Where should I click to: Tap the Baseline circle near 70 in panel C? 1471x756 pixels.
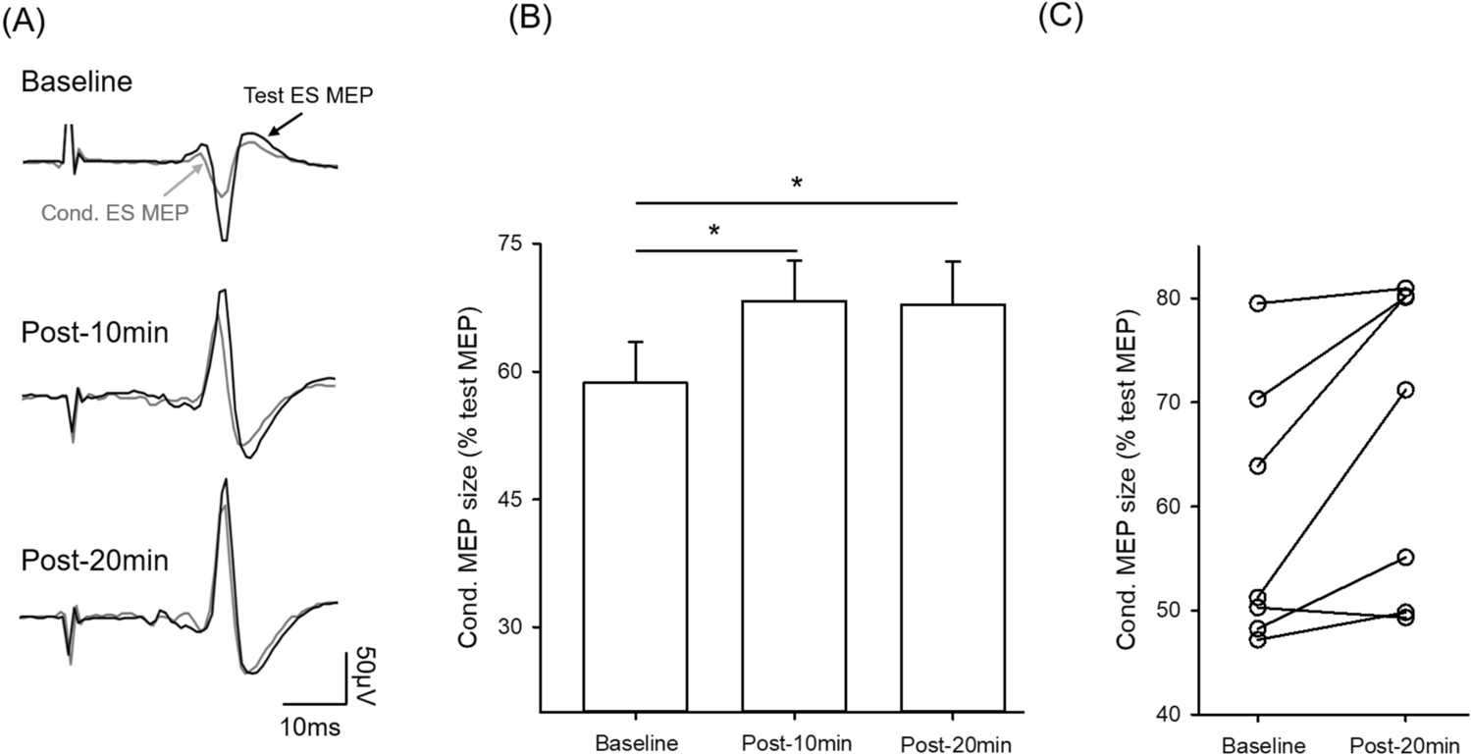click(1257, 399)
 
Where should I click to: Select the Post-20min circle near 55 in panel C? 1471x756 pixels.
click(1404, 557)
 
